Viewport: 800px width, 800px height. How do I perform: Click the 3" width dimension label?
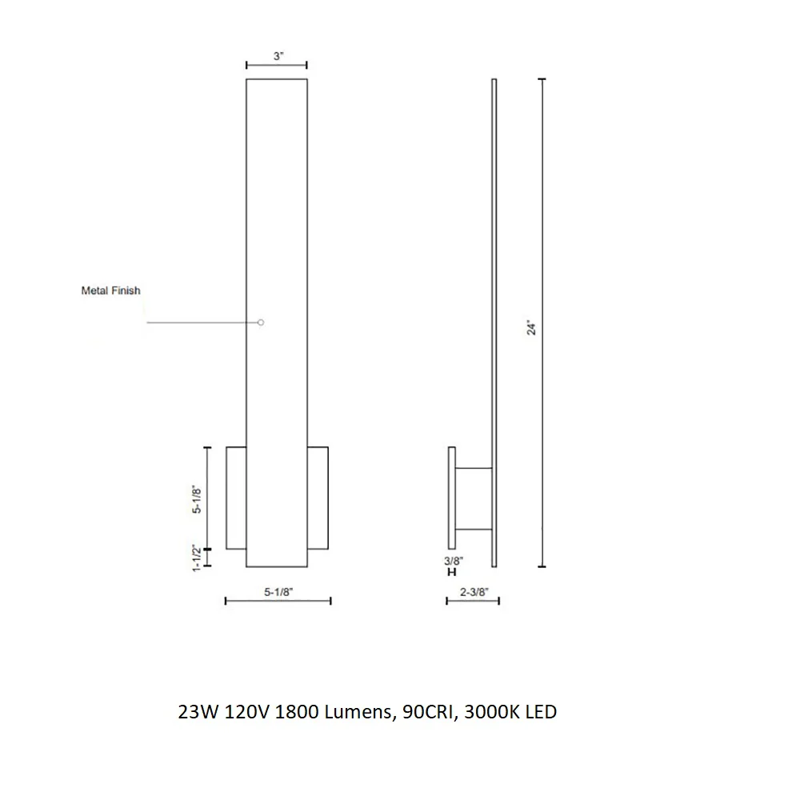click(278, 56)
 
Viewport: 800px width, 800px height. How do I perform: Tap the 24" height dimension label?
click(532, 327)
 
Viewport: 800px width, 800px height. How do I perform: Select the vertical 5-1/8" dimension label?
click(197, 498)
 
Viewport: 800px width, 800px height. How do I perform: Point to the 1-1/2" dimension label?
click(197, 558)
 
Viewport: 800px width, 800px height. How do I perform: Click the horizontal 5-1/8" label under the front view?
click(278, 592)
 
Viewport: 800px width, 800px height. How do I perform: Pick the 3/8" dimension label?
click(453, 561)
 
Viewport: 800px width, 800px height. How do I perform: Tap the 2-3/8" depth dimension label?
click(474, 592)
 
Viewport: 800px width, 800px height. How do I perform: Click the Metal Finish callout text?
click(110, 290)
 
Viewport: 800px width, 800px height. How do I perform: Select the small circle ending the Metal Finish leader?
click(261, 322)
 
